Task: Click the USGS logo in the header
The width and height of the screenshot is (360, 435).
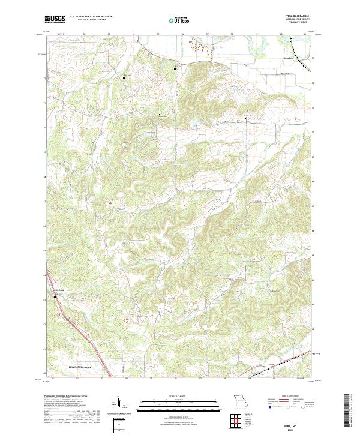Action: (x=54, y=19)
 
